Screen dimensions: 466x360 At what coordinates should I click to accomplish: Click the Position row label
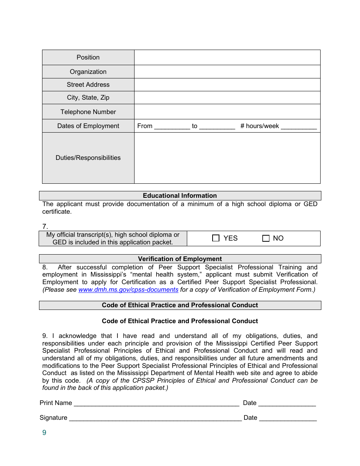(x=88, y=57)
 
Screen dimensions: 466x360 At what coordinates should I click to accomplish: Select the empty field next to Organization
(x=227, y=72)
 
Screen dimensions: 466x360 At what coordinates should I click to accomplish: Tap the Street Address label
(x=88, y=84)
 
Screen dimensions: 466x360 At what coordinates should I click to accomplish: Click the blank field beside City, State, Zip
(x=227, y=97)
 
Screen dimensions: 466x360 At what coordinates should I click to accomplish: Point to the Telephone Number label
(x=88, y=112)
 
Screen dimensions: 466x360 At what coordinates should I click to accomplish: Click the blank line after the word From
(x=172, y=127)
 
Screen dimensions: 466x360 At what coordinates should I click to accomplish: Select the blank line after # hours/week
(x=299, y=127)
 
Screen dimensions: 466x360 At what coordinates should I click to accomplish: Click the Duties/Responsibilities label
(x=88, y=158)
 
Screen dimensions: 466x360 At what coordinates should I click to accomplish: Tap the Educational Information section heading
(x=180, y=195)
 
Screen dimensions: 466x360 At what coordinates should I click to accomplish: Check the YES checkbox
(x=216, y=238)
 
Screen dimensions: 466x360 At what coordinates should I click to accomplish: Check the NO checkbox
(x=266, y=238)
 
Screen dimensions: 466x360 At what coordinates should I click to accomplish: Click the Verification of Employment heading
(x=180, y=259)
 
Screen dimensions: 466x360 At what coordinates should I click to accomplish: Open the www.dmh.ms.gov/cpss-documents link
(x=128, y=289)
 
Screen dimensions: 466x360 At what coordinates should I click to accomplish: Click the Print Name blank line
(x=156, y=403)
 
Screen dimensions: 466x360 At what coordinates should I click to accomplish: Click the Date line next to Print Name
(x=287, y=403)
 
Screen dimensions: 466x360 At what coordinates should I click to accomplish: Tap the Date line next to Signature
(x=288, y=418)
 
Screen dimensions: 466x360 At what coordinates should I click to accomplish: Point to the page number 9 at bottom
(x=44, y=433)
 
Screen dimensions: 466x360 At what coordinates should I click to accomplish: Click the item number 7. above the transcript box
(x=45, y=227)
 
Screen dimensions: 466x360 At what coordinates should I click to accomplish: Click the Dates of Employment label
(x=88, y=126)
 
